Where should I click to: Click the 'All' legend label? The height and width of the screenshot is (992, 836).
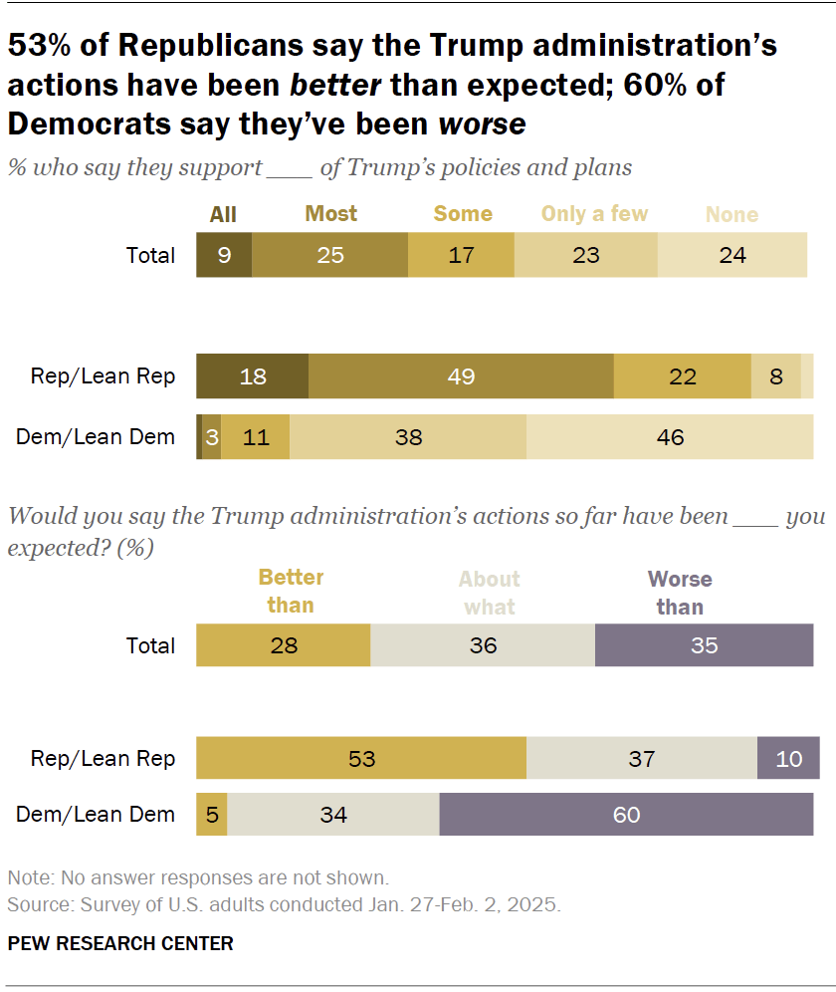223,214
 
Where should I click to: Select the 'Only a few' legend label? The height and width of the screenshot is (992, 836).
594,214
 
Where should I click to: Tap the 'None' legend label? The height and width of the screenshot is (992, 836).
731,215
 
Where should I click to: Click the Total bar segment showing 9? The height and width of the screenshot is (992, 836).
224,255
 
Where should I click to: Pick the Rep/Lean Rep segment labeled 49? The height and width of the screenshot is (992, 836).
461,376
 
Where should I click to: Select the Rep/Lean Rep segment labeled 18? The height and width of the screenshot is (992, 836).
253,376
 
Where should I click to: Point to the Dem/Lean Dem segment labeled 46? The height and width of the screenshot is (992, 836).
670,436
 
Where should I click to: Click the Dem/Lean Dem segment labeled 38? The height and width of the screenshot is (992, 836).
408,436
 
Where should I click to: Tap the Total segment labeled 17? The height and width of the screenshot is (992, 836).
461,255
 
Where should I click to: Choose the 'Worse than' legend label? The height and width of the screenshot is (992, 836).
680,593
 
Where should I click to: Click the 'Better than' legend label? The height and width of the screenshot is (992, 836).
291,592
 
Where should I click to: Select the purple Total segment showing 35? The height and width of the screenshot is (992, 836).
704,645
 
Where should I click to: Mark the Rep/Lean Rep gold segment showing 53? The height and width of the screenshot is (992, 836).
361,758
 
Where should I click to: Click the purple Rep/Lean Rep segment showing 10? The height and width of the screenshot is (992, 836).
788,758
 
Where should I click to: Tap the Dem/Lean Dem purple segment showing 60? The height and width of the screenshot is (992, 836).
626,814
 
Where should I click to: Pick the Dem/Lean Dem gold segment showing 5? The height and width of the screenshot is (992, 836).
212,814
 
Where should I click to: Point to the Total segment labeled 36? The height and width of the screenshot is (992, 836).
483,645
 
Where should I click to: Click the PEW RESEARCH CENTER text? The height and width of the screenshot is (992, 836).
120,943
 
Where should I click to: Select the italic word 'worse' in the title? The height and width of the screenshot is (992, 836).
482,124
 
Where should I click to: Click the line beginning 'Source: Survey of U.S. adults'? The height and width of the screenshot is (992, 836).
285,905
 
